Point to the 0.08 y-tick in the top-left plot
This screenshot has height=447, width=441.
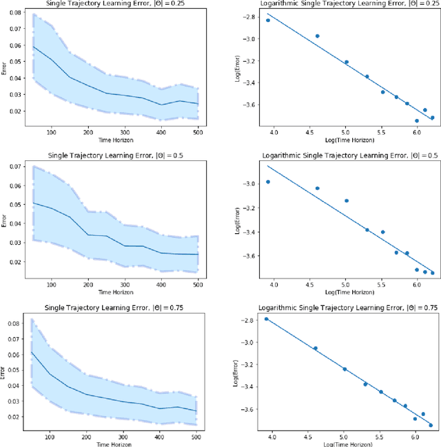[15, 13]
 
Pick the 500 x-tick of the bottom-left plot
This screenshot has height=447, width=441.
[196, 436]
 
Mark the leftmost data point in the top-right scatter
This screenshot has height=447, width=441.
[268, 21]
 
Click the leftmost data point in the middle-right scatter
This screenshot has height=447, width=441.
[268, 182]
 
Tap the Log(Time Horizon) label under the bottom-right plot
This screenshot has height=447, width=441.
[343, 444]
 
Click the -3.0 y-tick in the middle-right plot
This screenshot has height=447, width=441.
[247, 184]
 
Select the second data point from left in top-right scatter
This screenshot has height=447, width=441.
[318, 36]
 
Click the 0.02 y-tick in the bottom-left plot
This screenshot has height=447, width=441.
[15, 417]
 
